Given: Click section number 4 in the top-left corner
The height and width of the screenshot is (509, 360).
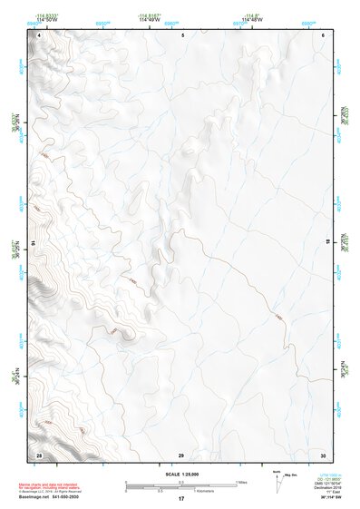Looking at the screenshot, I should pos(39,34).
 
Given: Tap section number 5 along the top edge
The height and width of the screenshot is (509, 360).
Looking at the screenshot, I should pos(182,34).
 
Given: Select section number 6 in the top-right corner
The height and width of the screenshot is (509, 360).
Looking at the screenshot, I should pos(323,34).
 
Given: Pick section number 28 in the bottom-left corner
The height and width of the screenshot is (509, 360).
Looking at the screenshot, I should pos(38,454).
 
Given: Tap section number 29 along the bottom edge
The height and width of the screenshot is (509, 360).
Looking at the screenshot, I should pos(181,454).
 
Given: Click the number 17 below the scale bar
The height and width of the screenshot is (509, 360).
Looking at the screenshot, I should pos(181,499).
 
